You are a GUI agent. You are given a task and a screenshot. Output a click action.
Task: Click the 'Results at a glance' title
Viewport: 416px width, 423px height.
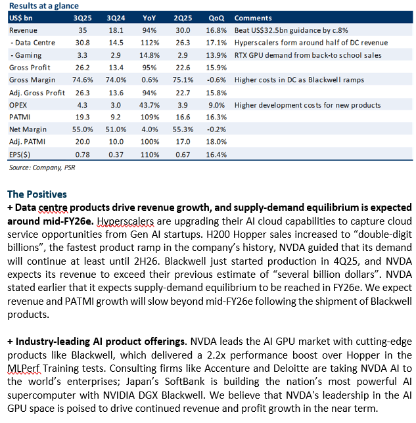[44, 6]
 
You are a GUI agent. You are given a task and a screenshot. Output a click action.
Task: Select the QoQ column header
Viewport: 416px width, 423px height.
[216, 18]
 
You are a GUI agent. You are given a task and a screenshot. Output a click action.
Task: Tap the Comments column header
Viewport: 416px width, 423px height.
[253, 18]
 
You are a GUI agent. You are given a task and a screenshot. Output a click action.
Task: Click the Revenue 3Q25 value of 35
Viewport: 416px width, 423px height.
[83, 30]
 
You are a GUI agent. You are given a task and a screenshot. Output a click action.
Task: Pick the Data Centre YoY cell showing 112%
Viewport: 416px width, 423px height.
[150, 43]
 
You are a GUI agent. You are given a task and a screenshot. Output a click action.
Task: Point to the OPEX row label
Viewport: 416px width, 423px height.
[18, 105]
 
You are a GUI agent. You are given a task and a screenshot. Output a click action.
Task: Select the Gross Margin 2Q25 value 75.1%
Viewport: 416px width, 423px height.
[183, 80]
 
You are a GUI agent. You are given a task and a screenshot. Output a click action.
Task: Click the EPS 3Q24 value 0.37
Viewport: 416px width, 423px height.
[116, 154]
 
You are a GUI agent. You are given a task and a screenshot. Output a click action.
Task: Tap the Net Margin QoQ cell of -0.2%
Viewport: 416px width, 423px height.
[216, 129]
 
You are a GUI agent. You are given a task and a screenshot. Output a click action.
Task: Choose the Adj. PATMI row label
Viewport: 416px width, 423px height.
[27, 142]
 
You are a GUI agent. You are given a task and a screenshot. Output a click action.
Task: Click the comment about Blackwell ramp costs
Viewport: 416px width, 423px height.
[299, 80]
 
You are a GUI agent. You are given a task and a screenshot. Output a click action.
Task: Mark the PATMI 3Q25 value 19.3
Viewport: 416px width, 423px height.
[82, 117]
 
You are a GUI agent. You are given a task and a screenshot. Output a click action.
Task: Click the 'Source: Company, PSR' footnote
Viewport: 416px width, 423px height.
[42, 167]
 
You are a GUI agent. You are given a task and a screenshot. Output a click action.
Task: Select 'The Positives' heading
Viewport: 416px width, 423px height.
[37, 194]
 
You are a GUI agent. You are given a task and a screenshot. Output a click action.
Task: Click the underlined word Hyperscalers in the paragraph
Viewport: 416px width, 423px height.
[126, 221]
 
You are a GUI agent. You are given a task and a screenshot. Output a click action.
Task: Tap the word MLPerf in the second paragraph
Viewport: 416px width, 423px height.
[24, 368]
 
